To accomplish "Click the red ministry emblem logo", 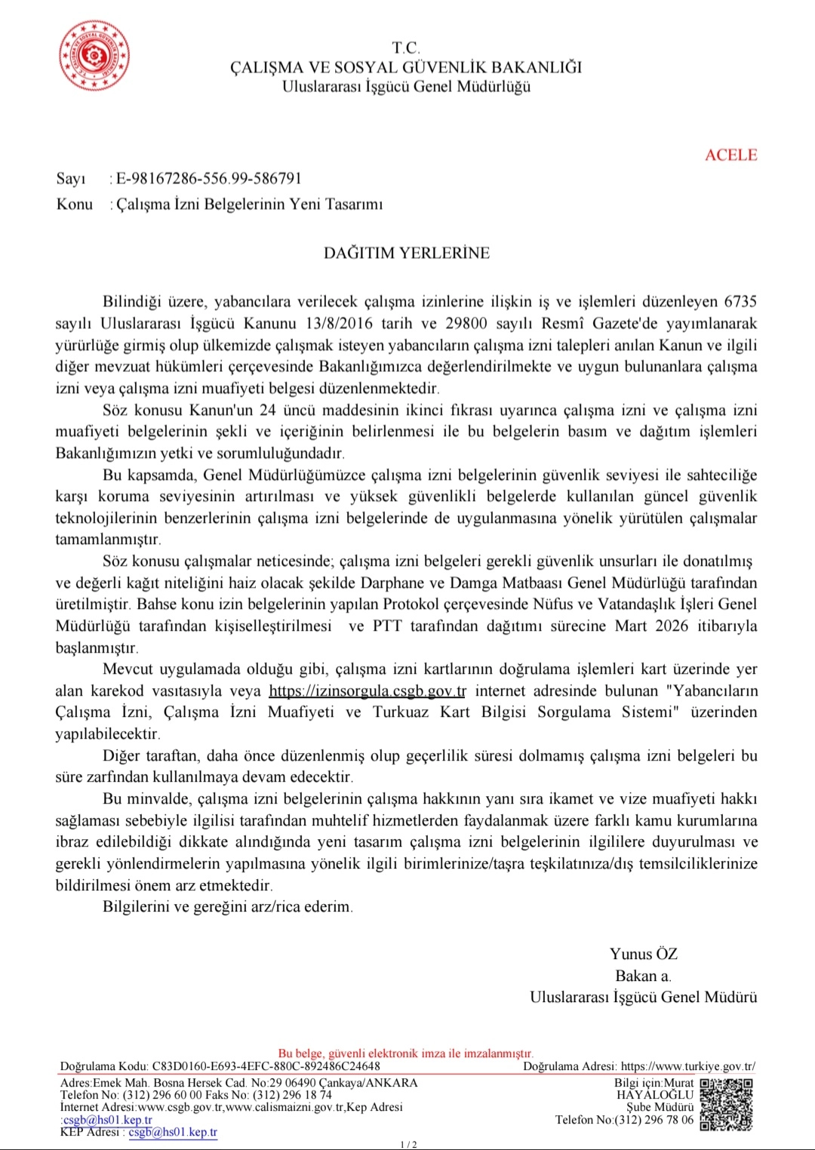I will (x=94, y=56).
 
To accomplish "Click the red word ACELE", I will (x=730, y=155).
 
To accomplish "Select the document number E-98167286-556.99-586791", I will (x=209, y=179).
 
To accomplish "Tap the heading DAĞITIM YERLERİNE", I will (x=407, y=253).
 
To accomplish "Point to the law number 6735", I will (x=740, y=302).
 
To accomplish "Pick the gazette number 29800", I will (x=466, y=324).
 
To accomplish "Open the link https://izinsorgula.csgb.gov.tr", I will (x=368, y=691).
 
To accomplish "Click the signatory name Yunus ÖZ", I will (x=644, y=954).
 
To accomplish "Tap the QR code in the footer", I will (x=726, y=1104).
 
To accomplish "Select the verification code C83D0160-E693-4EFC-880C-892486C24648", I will (x=266, y=1066).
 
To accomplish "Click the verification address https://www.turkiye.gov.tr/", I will (x=687, y=1066).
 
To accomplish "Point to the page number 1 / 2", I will (x=408, y=1145).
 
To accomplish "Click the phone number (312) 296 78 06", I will (x=654, y=1120).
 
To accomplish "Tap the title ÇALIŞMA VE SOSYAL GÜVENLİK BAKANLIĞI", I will (x=407, y=67).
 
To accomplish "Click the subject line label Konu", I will (x=75, y=204).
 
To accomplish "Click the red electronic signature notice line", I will (x=406, y=1053).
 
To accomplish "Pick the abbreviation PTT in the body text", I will (x=387, y=626).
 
